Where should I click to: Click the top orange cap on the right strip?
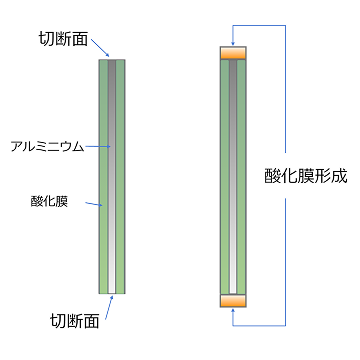233,53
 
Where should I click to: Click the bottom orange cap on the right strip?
233,300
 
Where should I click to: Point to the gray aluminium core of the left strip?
112,175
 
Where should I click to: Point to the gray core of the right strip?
233,175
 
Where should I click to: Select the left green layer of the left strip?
104,175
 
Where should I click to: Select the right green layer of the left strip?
120,175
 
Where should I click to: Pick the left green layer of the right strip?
225,175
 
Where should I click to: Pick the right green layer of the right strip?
242,175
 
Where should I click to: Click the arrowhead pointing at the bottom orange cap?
233,311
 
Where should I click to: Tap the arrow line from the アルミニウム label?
97,146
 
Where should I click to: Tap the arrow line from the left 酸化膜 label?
91,204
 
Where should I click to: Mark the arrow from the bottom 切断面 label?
107,307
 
